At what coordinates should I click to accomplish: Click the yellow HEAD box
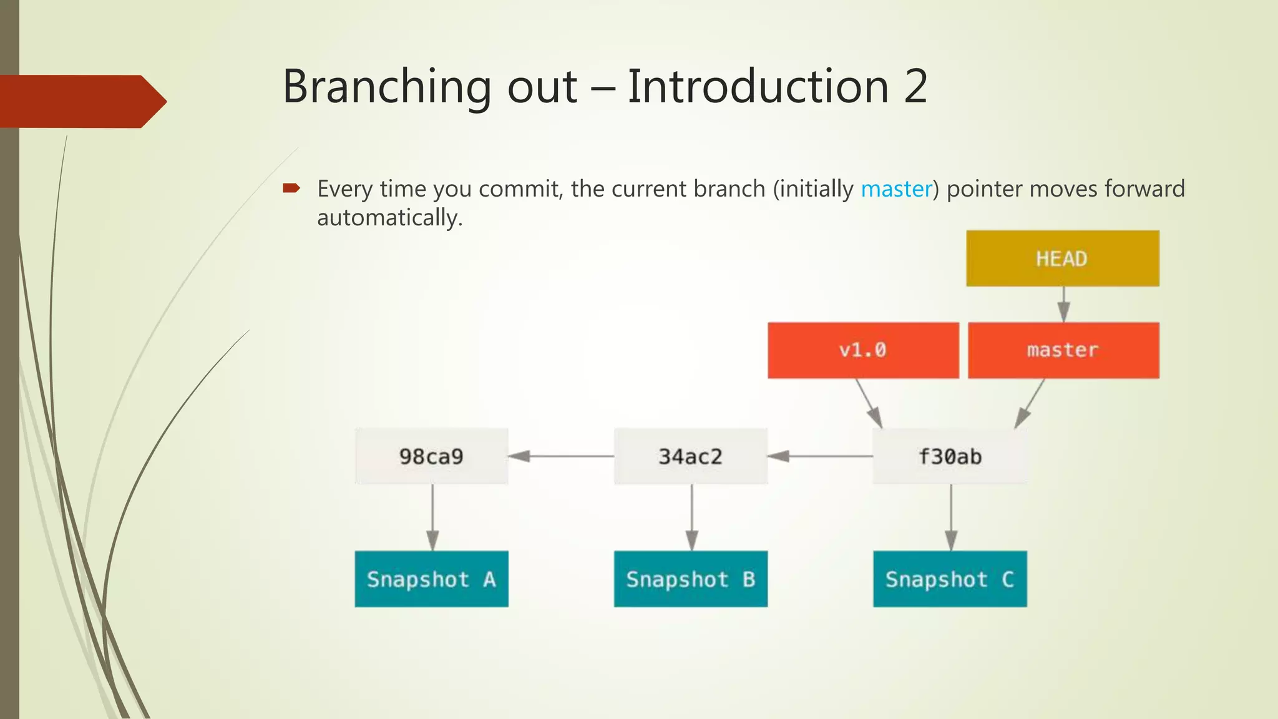1062,258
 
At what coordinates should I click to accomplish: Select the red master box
1063,350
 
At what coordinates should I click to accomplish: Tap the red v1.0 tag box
862,350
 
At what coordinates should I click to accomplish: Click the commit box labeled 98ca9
431,456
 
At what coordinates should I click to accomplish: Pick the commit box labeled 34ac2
690,456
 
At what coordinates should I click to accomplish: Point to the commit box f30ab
949,456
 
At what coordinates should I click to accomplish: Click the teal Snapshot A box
431,579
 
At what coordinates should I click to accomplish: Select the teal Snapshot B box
690,579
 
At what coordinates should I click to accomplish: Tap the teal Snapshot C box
949,579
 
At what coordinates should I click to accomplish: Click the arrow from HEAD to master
1063,305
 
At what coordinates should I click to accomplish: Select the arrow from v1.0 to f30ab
869,403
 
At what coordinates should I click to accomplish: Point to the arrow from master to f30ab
1030,403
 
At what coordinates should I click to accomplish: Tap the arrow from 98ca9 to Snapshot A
432,517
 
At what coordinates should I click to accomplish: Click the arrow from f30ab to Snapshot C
951,517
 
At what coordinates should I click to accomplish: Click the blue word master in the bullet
896,188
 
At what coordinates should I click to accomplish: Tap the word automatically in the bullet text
389,218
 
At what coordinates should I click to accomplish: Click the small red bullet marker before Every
291,187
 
